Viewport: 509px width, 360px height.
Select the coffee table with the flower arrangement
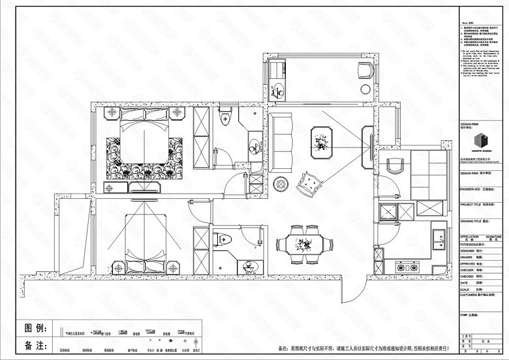click(x=322, y=140)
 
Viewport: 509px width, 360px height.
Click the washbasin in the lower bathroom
click(x=247, y=267)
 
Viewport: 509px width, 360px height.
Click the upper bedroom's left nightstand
click(x=111, y=113)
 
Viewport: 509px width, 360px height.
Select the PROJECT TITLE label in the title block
click(x=472, y=204)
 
